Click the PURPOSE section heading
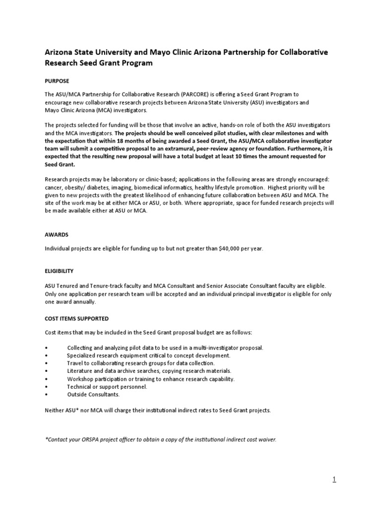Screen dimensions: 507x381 (x=57, y=81)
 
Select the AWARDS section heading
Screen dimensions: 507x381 (x=57, y=235)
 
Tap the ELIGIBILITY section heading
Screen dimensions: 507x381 (x=59, y=271)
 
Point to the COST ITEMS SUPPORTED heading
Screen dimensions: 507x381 (x=76, y=318)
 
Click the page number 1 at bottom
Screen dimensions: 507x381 (x=334, y=479)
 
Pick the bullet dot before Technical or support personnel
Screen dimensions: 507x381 (x=46, y=387)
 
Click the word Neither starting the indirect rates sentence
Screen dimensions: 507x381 (x=55, y=410)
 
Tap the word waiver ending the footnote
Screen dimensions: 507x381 (x=265, y=439)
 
